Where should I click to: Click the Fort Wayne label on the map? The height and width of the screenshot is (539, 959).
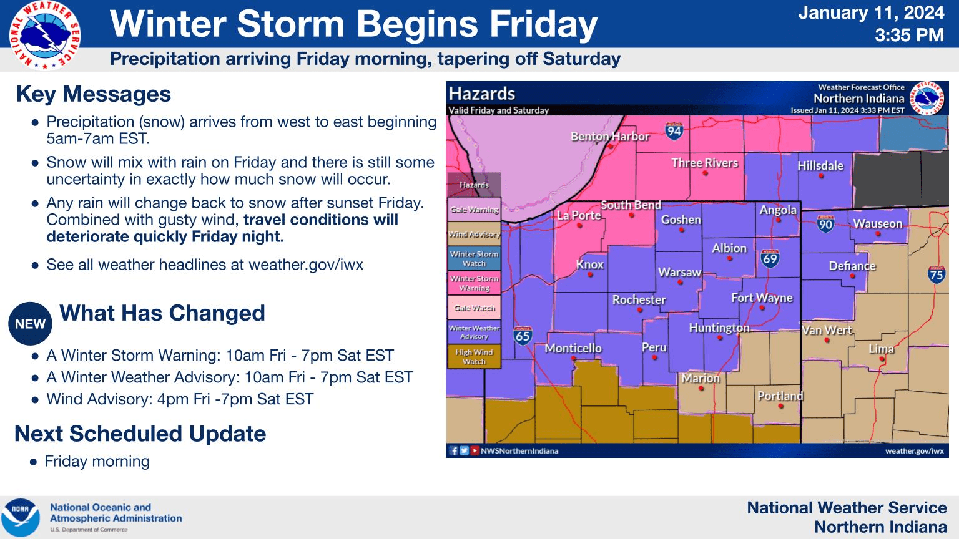tap(762, 298)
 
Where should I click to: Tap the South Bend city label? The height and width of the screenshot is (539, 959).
tap(631, 205)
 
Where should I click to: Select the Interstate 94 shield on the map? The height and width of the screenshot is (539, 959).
tap(674, 130)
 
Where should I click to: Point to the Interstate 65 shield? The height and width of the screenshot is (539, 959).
tap(523, 336)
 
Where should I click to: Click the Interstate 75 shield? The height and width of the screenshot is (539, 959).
tap(936, 274)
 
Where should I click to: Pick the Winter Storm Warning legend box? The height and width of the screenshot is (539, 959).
tap(474, 283)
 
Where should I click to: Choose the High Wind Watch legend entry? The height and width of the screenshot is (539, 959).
tap(474, 356)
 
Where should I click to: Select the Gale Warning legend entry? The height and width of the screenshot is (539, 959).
tap(474, 210)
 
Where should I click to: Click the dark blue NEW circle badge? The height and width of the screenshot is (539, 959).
tap(30, 324)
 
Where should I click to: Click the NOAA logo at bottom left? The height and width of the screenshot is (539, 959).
tap(20, 518)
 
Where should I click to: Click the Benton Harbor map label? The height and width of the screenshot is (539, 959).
tap(610, 136)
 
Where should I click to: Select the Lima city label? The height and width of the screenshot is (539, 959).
tap(881, 349)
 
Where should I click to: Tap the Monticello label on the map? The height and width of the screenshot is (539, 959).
tap(573, 348)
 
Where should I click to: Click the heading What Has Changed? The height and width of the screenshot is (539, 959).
tap(162, 313)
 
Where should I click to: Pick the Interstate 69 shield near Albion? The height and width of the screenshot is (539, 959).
tap(770, 258)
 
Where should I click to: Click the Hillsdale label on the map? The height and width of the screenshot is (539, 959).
tap(820, 165)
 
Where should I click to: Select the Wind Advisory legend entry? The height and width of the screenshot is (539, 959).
tap(474, 234)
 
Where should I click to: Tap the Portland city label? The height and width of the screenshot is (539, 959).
tap(780, 396)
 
